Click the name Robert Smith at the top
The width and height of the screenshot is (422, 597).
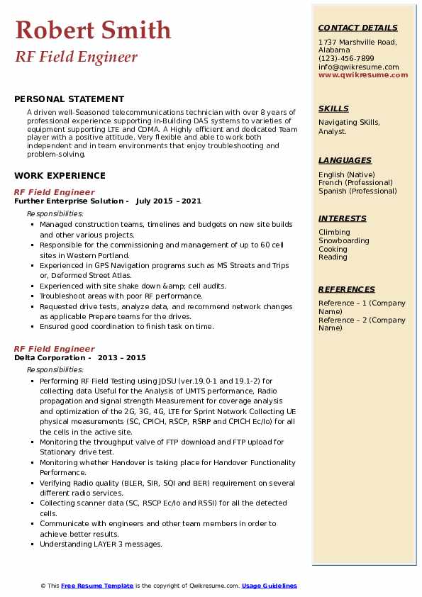tap(93, 30)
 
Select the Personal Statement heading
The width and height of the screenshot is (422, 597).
tap(69, 99)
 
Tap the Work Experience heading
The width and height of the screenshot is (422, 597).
tap(60, 176)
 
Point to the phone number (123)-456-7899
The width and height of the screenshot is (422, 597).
tap(346, 59)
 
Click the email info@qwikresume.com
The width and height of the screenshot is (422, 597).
tap(358, 67)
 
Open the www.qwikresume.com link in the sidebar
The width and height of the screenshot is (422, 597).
tap(359, 74)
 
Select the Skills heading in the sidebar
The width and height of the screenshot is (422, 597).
tap(333, 108)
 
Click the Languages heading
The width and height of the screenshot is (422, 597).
tap(345, 160)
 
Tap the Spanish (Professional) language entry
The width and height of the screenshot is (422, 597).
tap(357, 191)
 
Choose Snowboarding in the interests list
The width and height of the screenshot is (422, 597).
tap(344, 241)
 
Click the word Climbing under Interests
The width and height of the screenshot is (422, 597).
tap(334, 233)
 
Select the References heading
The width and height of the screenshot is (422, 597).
tap(347, 289)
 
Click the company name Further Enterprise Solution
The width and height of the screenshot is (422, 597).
tap(68, 201)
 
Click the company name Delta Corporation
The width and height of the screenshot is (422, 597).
tap(50, 358)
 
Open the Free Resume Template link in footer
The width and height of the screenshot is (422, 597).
tap(97, 586)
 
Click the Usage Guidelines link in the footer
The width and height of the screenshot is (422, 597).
tap(270, 586)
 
